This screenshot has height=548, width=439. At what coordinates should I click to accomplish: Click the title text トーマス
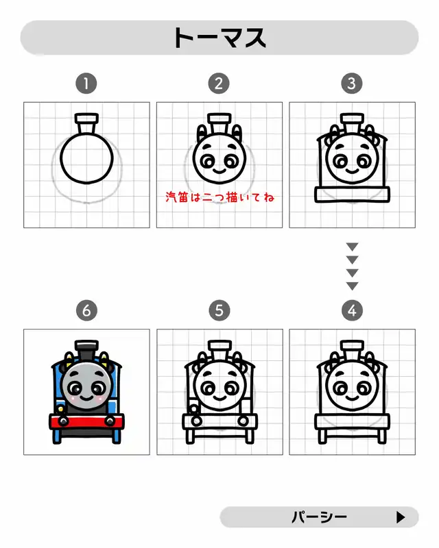219,38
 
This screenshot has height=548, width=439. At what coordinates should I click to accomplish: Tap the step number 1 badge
86,84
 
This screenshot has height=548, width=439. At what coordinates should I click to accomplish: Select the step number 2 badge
219,84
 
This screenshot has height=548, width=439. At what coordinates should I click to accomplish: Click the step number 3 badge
352,84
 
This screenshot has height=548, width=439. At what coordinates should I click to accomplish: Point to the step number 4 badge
352,310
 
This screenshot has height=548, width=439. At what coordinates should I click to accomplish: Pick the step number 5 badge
219,310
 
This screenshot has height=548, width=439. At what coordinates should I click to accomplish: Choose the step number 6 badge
86,310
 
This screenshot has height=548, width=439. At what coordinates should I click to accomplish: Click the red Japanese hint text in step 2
220,197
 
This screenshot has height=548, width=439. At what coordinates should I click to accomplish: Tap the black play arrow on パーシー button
401,517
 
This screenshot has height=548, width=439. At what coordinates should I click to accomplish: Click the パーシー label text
319,517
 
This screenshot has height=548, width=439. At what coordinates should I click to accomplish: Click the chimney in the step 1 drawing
86,123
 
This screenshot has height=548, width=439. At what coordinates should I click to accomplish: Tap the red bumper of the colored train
86,421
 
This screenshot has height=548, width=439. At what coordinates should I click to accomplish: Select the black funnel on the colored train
86,351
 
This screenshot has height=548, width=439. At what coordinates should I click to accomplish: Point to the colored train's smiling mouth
86,398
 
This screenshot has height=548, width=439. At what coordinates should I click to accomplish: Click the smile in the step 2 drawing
219,171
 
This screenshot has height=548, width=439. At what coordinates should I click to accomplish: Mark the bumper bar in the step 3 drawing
352,195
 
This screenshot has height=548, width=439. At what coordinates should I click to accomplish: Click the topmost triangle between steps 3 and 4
352,247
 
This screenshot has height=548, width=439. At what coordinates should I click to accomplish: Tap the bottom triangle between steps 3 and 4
352,286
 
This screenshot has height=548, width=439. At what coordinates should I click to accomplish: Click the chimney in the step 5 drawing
219,350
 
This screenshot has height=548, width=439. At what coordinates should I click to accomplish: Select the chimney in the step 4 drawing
352,350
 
